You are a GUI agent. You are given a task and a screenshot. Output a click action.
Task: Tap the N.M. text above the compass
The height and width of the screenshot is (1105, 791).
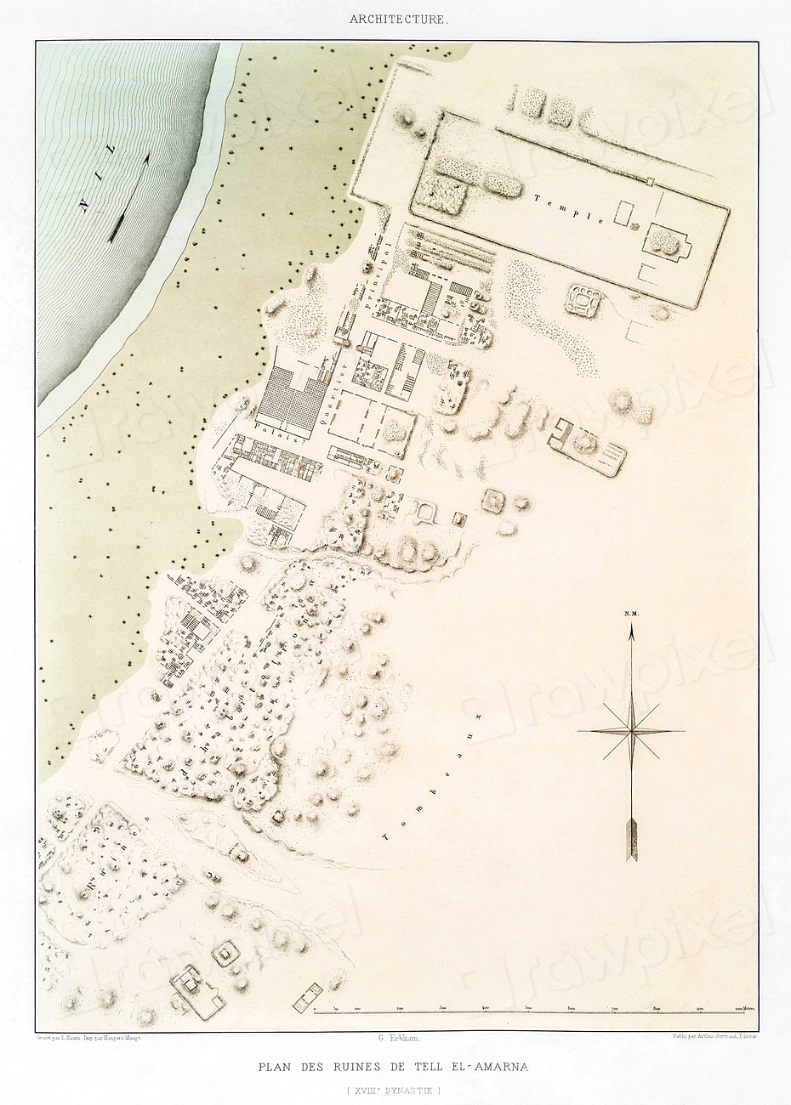coord(631,613)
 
